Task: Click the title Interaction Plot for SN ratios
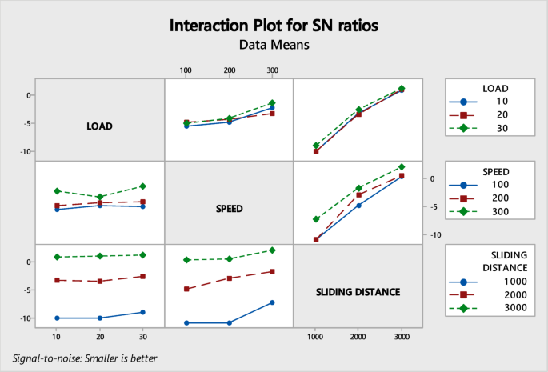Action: (x=273, y=24)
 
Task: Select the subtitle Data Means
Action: (x=273, y=46)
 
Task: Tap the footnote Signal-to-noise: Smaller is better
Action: (x=85, y=358)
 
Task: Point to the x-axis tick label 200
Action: (x=229, y=70)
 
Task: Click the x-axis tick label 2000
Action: (x=358, y=338)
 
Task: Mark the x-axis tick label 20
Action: (x=99, y=338)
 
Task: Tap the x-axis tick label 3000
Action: (x=402, y=338)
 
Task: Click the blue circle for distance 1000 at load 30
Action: (x=142, y=312)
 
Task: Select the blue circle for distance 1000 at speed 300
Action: (x=272, y=302)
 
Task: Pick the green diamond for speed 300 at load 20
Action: (x=99, y=197)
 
